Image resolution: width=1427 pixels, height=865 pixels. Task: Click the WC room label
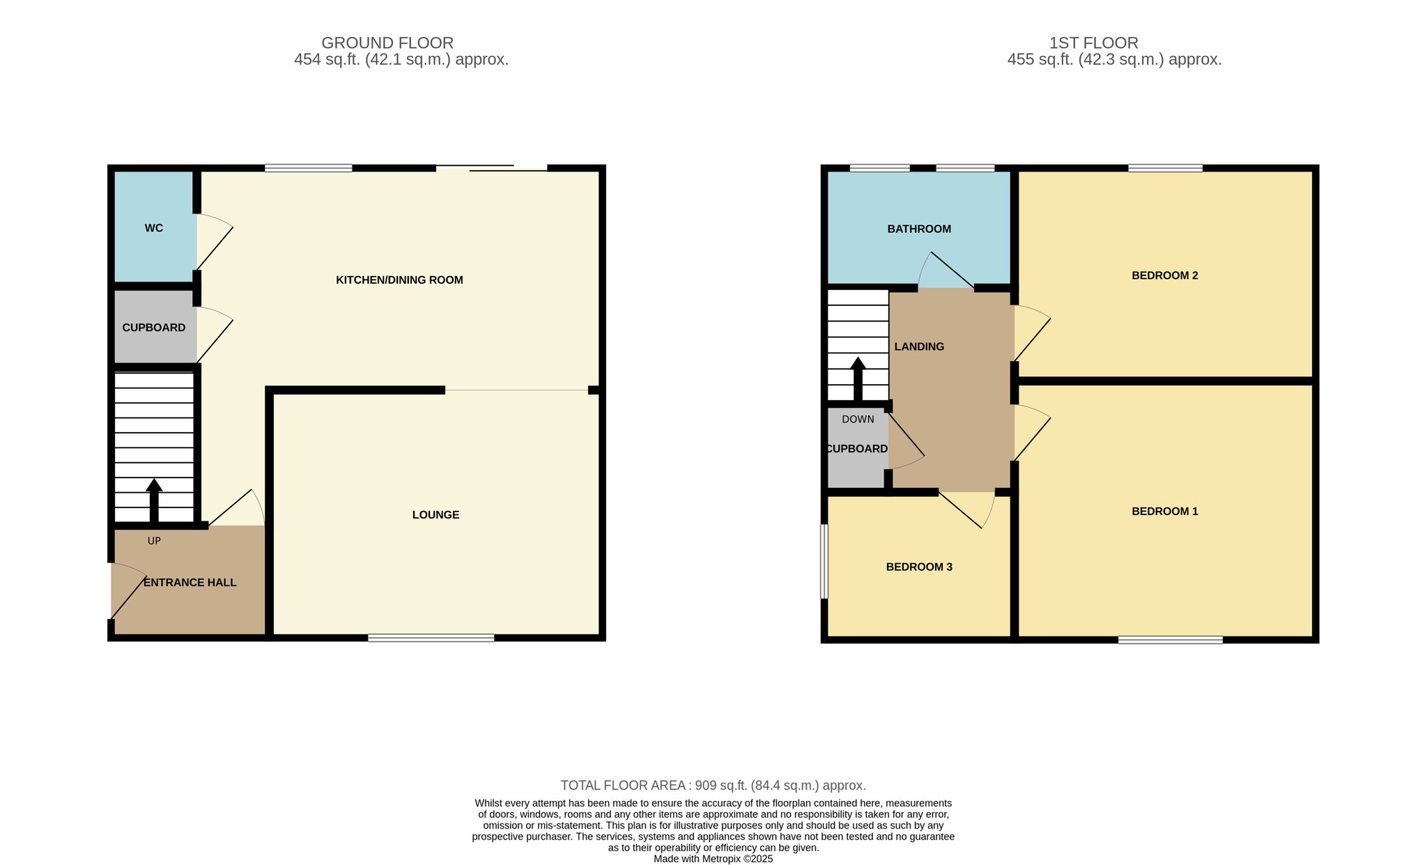pyautogui.click(x=154, y=228)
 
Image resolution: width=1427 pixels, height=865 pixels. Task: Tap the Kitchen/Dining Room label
pyautogui.click(x=399, y=280)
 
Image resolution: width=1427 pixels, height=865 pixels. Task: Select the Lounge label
pyautogui.click(x=435, y=515)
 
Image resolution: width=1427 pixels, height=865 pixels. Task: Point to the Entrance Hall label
pyautogui.click(x=190, y=583)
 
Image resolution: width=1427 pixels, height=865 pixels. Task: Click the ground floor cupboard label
pyautogui.click(x=154, y=328)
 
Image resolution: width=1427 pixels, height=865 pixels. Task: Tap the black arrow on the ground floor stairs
pyautogui.click(x=154, y=500)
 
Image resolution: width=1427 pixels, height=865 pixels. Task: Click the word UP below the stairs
pyautogui.click(x=154, y=541)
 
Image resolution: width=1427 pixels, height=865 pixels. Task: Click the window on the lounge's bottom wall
pyautogui.click(x=431, y=638)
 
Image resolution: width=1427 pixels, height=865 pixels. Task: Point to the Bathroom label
pyautogui.click(x=919, y=229)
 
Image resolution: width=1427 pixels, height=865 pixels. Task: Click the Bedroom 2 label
pyautogui.click(x=1165, y=275)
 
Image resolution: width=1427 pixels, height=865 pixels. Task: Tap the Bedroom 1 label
pyautogui.click(x=1165, y=511)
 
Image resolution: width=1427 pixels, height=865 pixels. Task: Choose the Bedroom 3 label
pyautogui.click(x=919, y=567)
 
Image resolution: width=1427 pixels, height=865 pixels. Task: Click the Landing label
pyautogui.click(x=919, y=346)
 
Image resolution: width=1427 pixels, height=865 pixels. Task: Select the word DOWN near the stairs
pyautogui.click(x=858, y=420)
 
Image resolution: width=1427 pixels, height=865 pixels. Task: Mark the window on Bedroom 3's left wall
pyautogui.click(x=824, y=561)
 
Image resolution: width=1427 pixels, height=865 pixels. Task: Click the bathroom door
pyautogui.click(x=946, y=270)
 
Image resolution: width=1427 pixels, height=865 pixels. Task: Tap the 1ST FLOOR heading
pyautogui.click(x=1094, y=43)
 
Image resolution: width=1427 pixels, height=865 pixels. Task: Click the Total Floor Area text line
pyautogui.click(x=713, y=786)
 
